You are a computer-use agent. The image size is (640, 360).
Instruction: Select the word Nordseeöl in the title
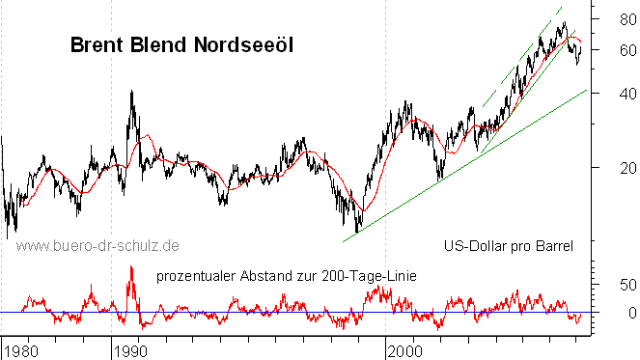coord(245,44)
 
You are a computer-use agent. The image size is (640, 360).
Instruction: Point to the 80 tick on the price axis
coord(615,18)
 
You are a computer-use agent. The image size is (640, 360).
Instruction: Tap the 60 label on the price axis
coord(615,49)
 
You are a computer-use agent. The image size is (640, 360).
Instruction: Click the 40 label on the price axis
coord(615,94)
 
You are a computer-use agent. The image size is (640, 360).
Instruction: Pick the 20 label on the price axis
coord(615,169)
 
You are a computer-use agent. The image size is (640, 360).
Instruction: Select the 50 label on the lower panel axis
coord(615,285)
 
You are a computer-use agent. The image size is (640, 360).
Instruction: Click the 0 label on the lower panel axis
coord(619,313)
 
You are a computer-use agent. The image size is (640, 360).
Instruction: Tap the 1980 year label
coord(21,347)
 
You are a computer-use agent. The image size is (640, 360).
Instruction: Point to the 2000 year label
coord(405,347)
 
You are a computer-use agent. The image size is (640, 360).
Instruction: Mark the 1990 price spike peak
coord(131,92)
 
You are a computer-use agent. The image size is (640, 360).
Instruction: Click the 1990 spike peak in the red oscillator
coord(130,267)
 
